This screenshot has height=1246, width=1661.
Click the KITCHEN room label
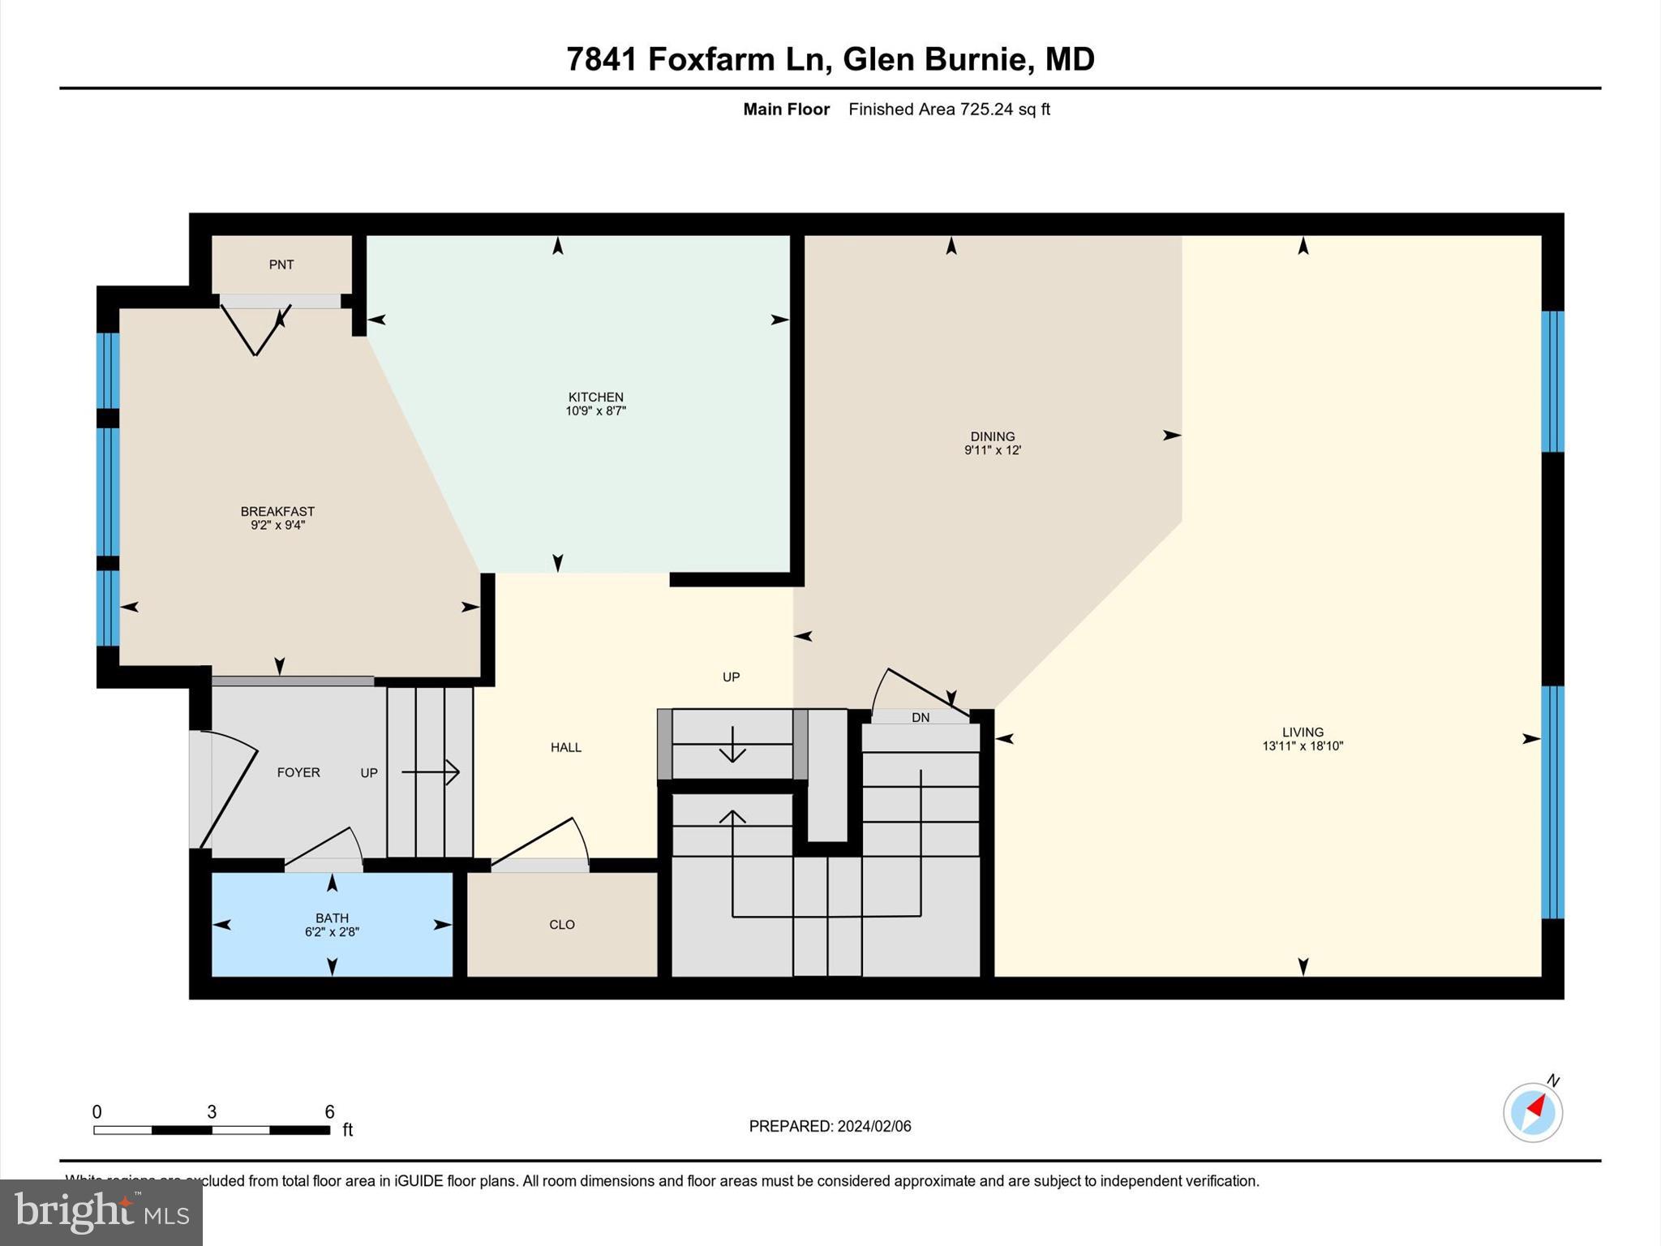595,397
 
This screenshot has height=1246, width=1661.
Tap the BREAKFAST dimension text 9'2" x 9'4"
277,526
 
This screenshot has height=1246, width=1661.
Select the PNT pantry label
281,264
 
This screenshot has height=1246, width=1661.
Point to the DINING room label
992,436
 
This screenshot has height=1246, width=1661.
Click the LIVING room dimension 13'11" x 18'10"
1303,746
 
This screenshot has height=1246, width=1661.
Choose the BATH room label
332,918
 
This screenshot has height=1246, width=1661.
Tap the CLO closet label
561,925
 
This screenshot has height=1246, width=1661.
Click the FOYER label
298,772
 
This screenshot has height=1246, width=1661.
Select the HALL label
565,747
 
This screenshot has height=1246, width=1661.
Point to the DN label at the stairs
920,717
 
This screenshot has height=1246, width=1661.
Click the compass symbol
1532,1112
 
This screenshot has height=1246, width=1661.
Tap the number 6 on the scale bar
329,1112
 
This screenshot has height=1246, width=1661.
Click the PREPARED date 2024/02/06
873,1126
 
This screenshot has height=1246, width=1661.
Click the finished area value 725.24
986,110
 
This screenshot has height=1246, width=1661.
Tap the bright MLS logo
101,1212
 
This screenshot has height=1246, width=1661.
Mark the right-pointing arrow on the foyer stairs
431,772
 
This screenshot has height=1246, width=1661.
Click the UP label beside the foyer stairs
369,773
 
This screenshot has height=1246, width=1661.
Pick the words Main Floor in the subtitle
786,110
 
